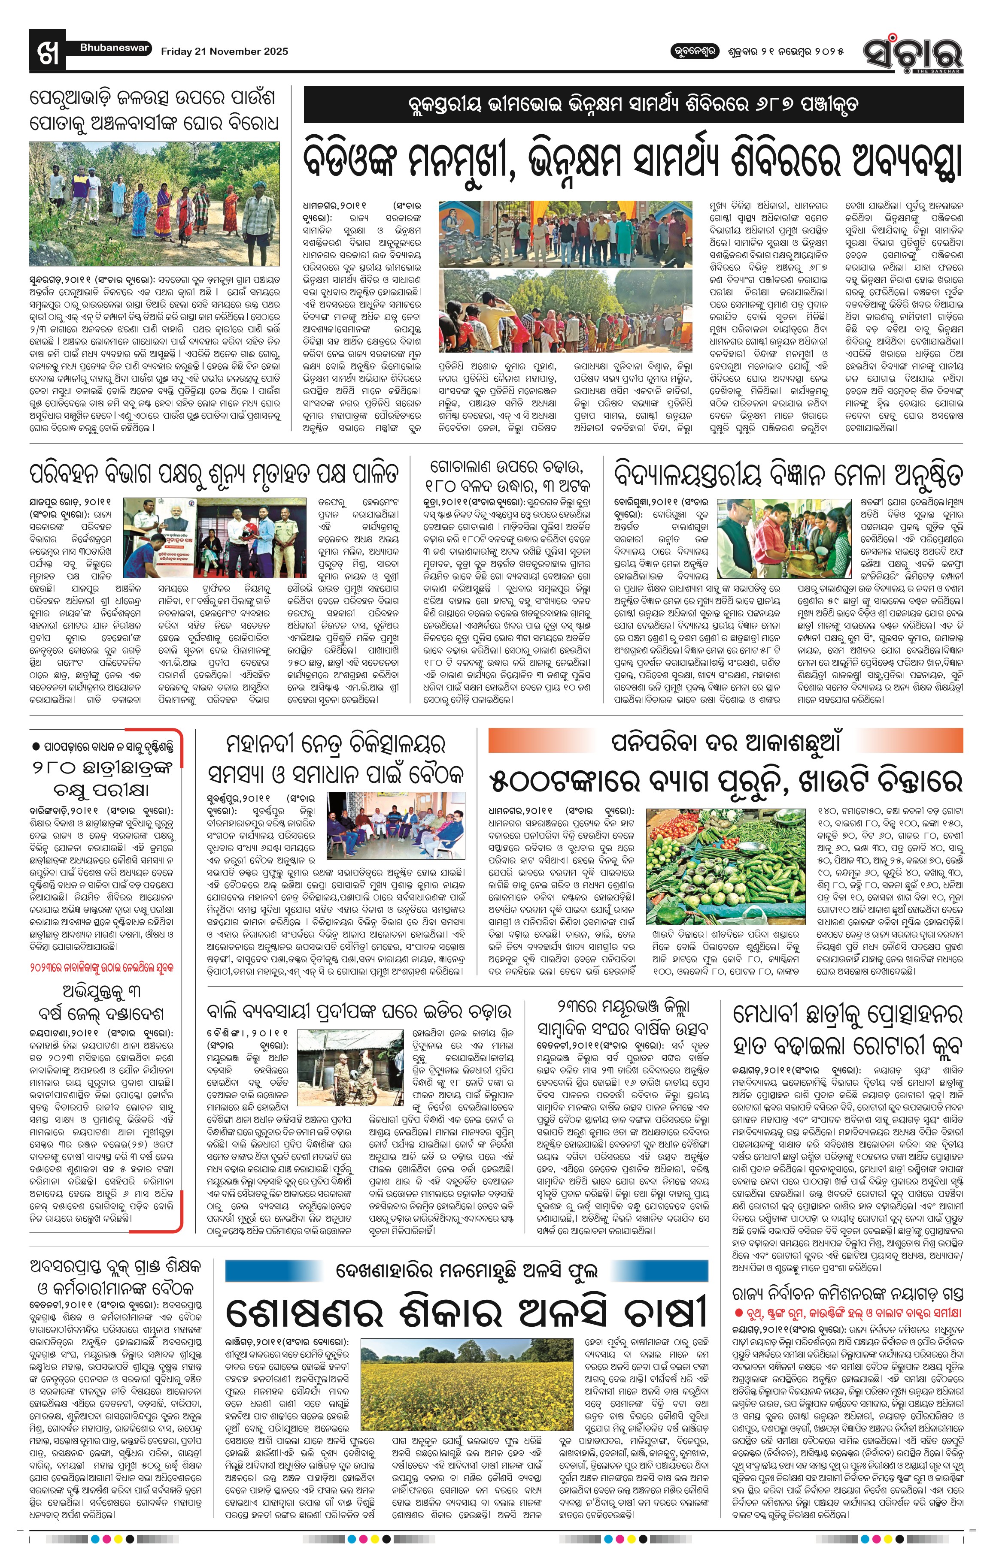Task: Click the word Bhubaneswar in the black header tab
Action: pos(114,48)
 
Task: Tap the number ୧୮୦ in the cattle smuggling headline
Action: pos(446,485)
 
